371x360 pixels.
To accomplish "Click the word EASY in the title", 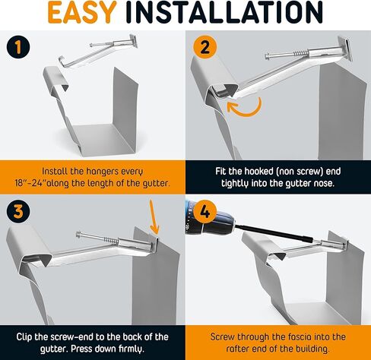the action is (81, 12).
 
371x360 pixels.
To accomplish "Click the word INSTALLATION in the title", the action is (224, 12).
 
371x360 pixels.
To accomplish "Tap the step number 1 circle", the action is (18, 47).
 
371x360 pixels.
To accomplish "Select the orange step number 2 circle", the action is (205, 47).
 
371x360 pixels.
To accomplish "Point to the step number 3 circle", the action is (18, 211).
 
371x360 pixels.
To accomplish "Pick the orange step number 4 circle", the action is (205, 211).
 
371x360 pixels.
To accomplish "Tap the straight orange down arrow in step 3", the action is (154, 217).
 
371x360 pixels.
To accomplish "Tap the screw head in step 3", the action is (79, 235).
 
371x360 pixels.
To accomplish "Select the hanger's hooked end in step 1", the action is (63, 62).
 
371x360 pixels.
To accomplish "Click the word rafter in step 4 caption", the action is (238, 349).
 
